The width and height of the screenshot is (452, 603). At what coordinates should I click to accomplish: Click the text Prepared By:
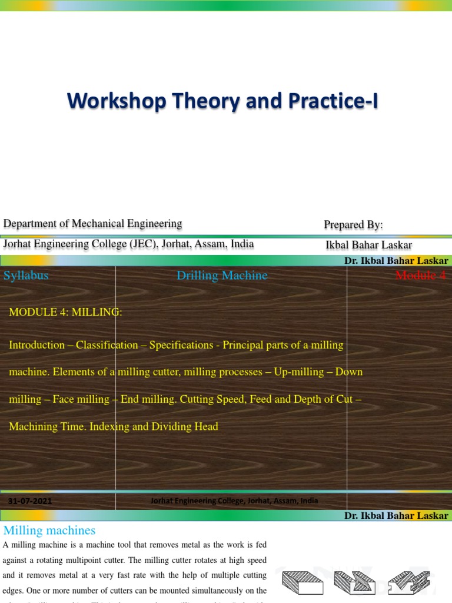pos(353,225)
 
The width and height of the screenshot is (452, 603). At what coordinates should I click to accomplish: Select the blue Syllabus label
pos(26,276)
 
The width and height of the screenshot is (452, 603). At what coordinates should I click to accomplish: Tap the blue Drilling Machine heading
pos(222,276)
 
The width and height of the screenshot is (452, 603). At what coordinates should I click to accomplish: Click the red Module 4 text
pos(420,276)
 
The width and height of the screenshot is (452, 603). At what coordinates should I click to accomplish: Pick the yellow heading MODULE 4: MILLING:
pos(65,313)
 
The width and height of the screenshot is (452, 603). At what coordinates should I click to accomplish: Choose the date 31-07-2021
pos(30,501)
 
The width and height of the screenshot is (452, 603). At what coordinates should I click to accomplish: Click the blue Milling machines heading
pos(49,531)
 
